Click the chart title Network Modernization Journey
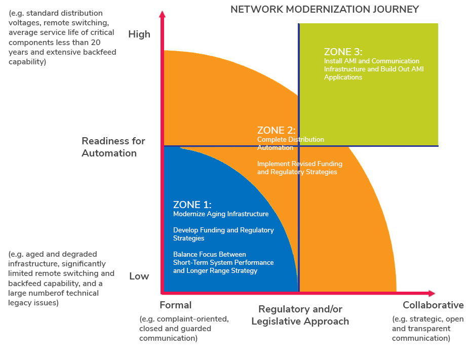[325, 9]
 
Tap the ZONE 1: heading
[192, 205]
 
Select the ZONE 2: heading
[276, 130]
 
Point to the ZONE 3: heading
[343, 52]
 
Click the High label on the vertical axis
[139, 34]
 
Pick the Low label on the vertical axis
[139, 276]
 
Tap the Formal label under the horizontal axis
[176, 305]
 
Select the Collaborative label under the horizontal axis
[433, 305]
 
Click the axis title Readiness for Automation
[113, 147]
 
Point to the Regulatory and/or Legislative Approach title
[300, 315]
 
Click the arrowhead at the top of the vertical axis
[162, 14]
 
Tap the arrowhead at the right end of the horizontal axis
[432, 293]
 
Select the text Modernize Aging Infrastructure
[221, 214]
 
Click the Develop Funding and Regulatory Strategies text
[223, 234]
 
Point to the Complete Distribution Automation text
[291, 144]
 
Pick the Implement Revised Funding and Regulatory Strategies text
[299, 168]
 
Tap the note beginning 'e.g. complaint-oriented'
[184, 329]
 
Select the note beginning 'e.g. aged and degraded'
[61, 278]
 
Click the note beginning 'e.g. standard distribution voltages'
[62, 37]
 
